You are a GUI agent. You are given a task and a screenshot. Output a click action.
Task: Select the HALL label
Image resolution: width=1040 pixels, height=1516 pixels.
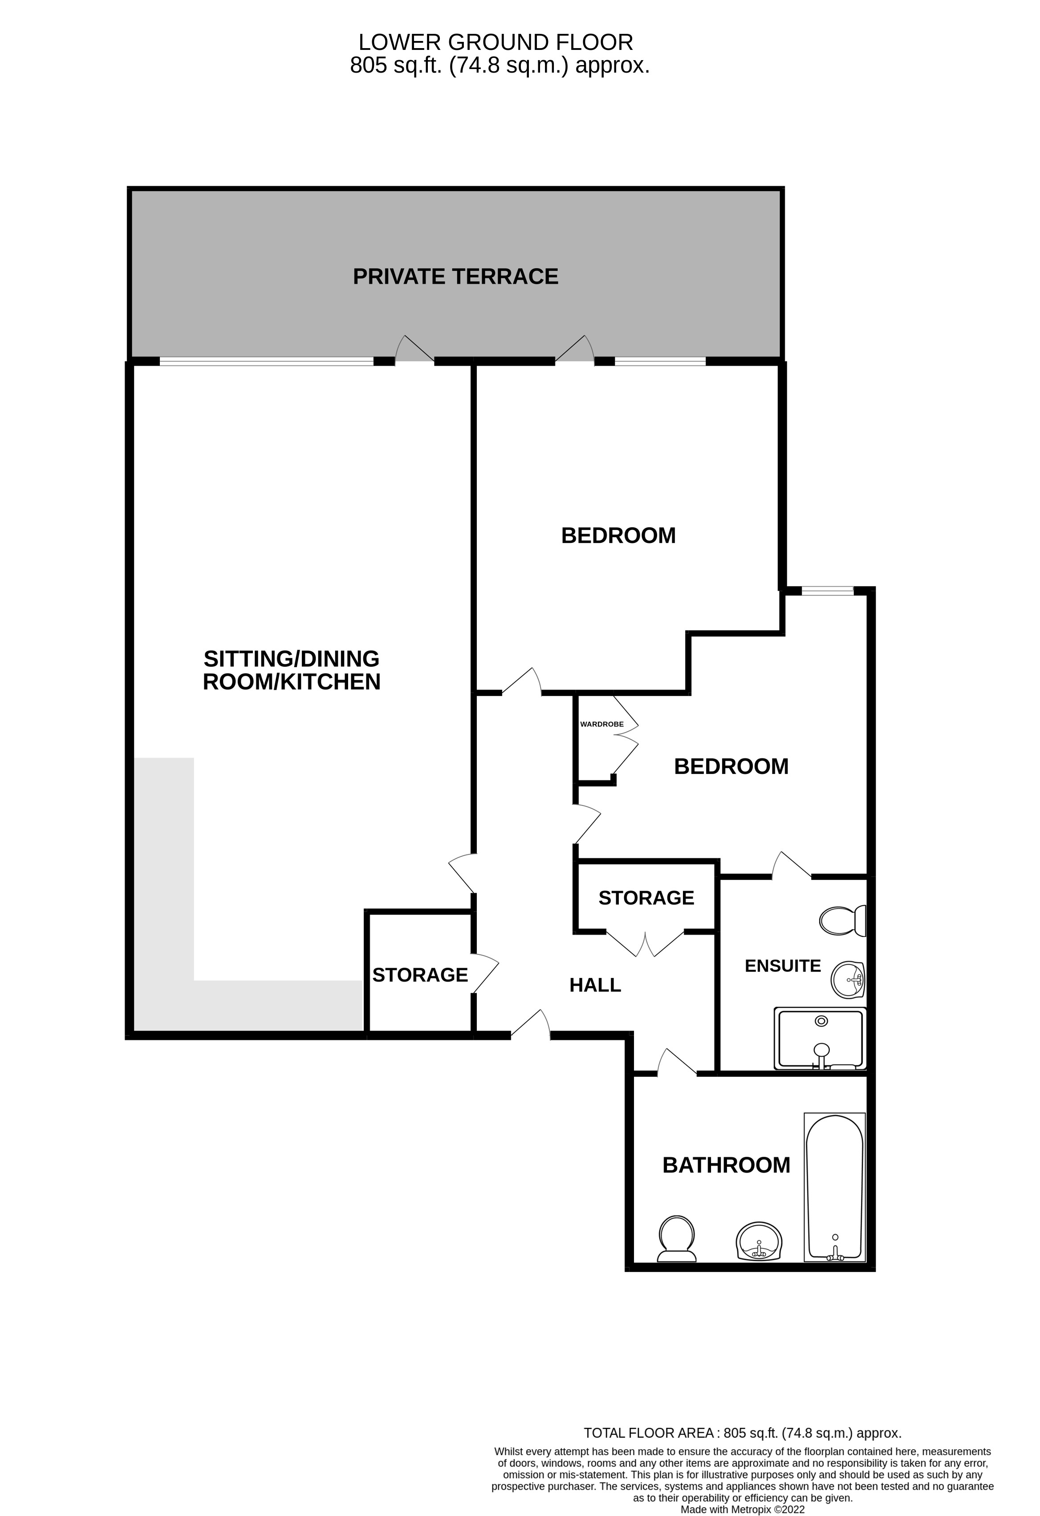click(x=595, y=985)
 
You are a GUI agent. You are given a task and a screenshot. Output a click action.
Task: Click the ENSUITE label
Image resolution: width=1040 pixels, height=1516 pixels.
click(x=782, y=966)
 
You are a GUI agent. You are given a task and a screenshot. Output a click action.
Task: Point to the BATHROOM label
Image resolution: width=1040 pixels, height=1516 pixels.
click(x=726, y=1165)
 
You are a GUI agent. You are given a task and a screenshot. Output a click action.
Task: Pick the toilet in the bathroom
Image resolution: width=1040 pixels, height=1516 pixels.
click(x=677, y=1238)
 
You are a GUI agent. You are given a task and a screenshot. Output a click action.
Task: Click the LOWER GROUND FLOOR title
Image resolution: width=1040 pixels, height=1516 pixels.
click(x=496, y=42)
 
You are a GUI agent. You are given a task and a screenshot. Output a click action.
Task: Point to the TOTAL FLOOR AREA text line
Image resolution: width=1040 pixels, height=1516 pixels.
click(x=742, y=1433)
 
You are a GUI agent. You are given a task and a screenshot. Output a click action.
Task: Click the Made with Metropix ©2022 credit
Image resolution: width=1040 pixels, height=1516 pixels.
click(x=742, y=1509)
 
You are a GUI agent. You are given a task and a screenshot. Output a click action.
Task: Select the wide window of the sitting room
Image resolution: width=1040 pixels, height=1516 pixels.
click(x=266, y=361)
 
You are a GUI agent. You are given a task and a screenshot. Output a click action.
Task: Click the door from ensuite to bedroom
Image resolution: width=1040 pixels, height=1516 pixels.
click(x=791, y=865)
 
